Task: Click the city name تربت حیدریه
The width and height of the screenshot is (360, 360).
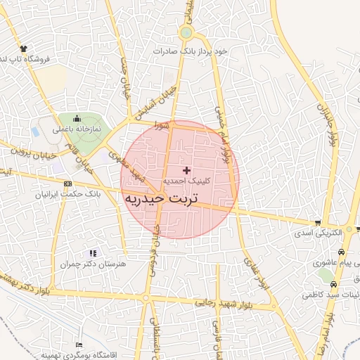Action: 164,199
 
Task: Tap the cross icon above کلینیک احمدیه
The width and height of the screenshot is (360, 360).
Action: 186,170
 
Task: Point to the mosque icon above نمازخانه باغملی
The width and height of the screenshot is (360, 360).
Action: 77,119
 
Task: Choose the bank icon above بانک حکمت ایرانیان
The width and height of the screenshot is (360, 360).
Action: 67,184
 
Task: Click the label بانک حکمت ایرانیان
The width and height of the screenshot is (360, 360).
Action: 68,193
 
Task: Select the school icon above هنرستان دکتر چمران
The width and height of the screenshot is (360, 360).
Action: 92,252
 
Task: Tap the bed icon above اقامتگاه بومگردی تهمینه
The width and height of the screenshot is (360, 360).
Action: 77,345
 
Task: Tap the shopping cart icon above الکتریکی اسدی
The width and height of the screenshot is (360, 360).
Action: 359,229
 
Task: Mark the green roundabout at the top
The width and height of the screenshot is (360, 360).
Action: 186,32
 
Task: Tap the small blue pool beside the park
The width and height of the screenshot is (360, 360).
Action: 35,131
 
